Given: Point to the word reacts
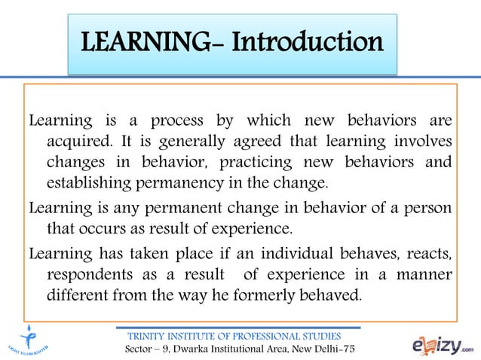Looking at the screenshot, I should pos(430,252).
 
